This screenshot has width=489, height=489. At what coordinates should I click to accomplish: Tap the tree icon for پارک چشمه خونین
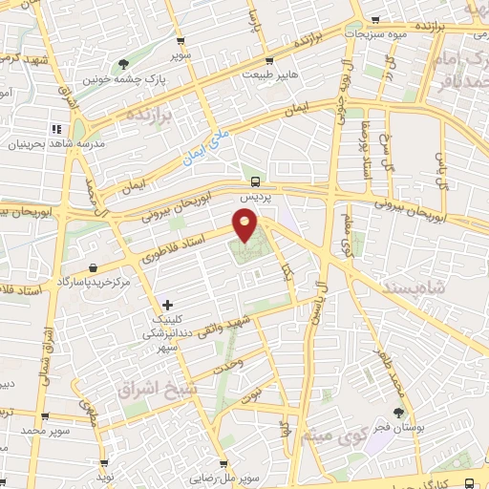coord(123,65)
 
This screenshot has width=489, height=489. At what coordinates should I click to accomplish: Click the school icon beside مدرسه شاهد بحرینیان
coord(56,129)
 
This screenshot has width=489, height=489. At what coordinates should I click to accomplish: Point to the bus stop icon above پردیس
coord(255,181)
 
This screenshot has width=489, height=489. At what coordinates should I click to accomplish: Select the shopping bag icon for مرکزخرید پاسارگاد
coord(92,267)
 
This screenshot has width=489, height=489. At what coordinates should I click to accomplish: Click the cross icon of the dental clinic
coord(168,305)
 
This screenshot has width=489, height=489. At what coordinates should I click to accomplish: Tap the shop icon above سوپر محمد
coord(44,416)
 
